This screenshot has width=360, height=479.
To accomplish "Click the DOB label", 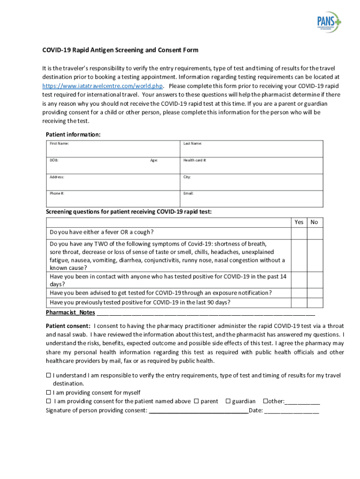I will (54, 160).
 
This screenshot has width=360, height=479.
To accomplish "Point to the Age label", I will (154, 160).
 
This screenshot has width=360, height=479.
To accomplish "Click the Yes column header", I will (299, 222).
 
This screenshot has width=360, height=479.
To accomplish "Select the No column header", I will (314, 222).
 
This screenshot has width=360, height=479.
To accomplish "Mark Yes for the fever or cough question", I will (299, 233).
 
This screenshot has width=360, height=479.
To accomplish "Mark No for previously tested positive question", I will (314, 303).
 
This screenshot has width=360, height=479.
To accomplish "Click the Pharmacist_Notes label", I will (70, 312).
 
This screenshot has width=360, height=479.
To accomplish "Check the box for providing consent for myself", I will (48, 392).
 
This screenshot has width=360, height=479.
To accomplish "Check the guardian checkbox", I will (228, 401).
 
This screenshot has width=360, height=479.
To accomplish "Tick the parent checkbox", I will (196, 401).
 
